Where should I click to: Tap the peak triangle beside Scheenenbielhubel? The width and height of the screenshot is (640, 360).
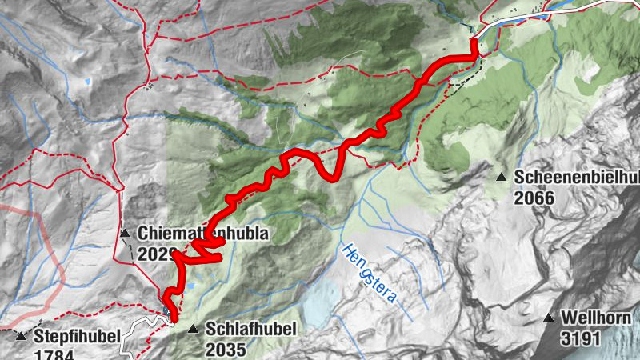click(x=502, y=177)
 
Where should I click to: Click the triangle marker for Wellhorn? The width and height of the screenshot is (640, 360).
click(x=549, y=318)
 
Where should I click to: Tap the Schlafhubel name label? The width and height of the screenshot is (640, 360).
click(x=251, y=329)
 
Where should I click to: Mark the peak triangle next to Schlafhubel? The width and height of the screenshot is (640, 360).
click(x=192, y=329)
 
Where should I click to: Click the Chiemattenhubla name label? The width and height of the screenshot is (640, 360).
click(x=201, y=234)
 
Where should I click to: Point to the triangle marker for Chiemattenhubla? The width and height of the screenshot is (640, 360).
click(x=125, y=234)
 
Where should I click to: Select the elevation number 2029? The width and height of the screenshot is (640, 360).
click(x=156, y=254)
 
